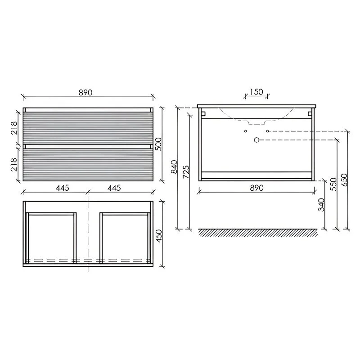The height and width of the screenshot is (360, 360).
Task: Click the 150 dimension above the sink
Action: click(256, 92)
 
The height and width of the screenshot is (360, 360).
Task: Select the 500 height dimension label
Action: click(159, 144)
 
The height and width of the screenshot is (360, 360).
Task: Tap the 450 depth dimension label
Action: click(159, 236)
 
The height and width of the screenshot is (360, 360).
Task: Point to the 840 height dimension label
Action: click(175, 166)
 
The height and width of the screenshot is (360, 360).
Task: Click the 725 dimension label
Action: click(186, 172)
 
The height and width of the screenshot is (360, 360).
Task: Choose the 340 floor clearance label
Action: click(321, 205)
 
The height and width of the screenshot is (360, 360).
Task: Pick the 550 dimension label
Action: click(333, 184)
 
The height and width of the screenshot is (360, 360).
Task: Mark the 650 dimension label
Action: click(344, 180)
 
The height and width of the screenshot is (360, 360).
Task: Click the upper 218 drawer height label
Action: click(14, 128)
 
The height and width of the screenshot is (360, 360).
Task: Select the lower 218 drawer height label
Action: click(14, 164)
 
